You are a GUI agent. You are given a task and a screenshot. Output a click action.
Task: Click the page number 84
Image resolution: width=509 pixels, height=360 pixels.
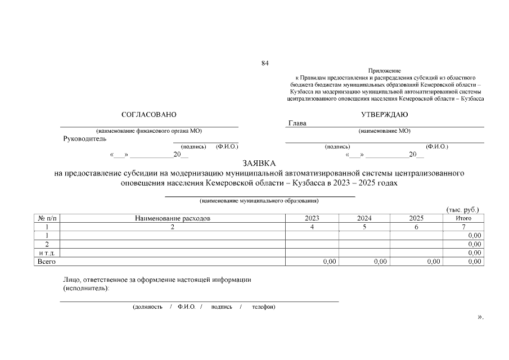pos(265,63)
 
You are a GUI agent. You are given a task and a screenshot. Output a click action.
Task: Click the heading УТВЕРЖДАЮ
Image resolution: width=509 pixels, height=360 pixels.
pos(385,114)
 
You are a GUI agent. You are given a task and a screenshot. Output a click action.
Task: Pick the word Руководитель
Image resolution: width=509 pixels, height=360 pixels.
pos(85,139)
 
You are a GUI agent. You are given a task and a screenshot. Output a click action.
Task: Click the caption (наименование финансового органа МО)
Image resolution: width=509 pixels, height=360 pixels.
pos(149,130)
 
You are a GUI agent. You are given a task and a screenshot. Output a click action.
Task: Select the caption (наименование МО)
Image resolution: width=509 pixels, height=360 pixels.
pos(385,130)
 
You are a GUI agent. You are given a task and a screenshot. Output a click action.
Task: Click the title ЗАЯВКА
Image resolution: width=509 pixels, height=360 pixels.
pos(259,163)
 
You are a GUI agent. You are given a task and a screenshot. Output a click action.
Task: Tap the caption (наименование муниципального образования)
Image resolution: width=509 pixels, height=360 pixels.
pos(259,200)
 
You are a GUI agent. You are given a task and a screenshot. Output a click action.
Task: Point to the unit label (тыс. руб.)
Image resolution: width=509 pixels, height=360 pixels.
pos(462,210)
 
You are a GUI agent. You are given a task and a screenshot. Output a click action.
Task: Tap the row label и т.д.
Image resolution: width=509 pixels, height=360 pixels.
pos(47,253)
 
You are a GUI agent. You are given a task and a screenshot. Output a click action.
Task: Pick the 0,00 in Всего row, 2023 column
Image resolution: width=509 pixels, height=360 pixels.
pos(329,262)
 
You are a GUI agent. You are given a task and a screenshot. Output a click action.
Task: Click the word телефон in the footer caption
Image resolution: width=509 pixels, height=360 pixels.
pos(263,307)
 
